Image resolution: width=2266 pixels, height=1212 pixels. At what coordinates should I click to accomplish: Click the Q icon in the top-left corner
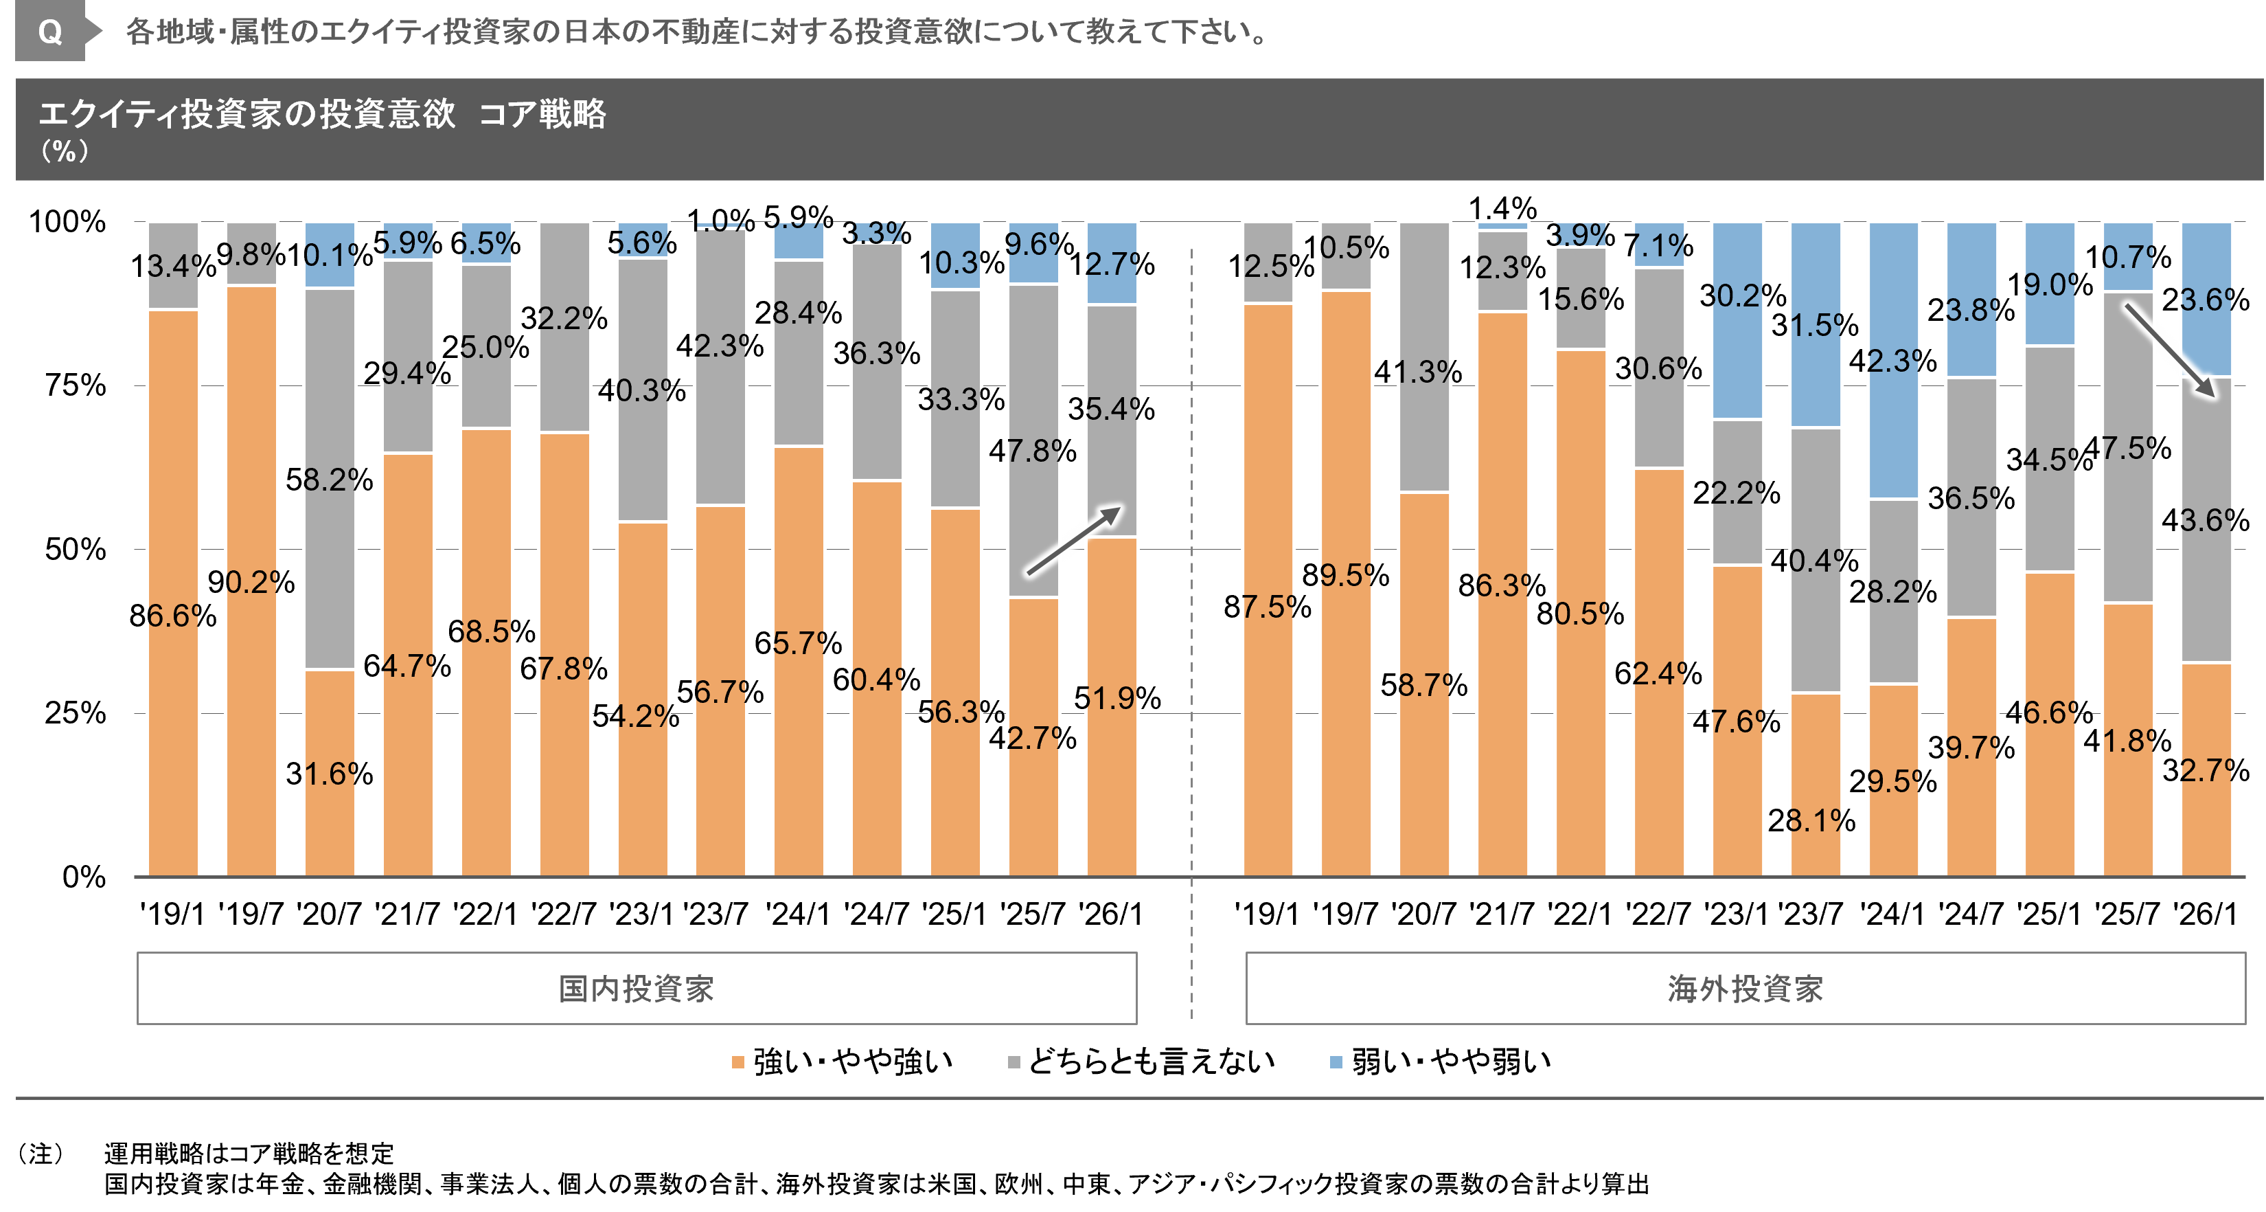click(x=50, y=32)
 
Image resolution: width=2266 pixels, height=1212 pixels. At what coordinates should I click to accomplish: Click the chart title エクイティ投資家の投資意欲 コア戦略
click(x=322, y=113)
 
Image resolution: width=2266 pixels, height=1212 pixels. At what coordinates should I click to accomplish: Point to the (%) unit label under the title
click(x=65, y=151)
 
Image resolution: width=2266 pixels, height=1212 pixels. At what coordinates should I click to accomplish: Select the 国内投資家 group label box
click(x=636, y=987)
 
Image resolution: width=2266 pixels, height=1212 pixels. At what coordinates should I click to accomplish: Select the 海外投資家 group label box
click(x=1746, y=987)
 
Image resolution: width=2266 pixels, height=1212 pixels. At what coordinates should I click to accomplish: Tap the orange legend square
click(x=738, y=1062)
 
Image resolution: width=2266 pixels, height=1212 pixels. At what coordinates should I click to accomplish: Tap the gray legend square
click(x=1014, y=1062)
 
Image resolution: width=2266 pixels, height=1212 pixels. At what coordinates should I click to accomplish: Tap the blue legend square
click(x=1336, y=1062)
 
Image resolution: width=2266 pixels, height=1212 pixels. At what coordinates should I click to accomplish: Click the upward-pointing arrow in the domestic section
click(x=1074, y=541)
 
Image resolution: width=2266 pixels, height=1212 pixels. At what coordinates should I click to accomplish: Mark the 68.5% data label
click(x=486, y=631)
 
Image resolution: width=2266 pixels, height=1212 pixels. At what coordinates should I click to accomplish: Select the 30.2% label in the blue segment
click(x=1737, y=295)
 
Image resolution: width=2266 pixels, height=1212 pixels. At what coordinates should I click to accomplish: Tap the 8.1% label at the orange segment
click(x=1816, y=821)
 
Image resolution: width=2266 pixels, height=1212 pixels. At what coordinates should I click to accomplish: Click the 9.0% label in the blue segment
click(x=2050, y=285)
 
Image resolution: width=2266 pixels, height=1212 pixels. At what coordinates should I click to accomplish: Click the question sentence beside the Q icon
click(x=695, y=32)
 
